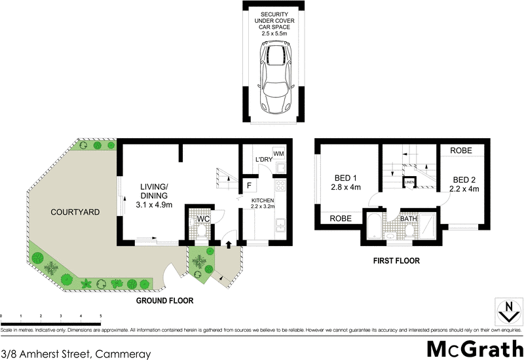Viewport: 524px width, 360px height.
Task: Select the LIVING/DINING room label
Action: [x=155, y=195]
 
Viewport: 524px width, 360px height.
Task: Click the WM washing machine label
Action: [x=278, y=153]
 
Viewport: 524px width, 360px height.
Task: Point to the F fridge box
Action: [x=250, y=185]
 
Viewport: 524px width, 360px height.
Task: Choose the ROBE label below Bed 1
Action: [x=341, y=218]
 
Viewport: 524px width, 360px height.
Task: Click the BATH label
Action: [x=409, y=219]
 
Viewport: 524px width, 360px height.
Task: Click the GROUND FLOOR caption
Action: [x=164, y=301]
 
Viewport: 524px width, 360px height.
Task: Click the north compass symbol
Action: [x=506, y=312]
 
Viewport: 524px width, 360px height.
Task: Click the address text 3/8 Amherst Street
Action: [x=76, y=353]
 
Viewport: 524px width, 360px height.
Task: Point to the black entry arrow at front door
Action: [x=228, y=245]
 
